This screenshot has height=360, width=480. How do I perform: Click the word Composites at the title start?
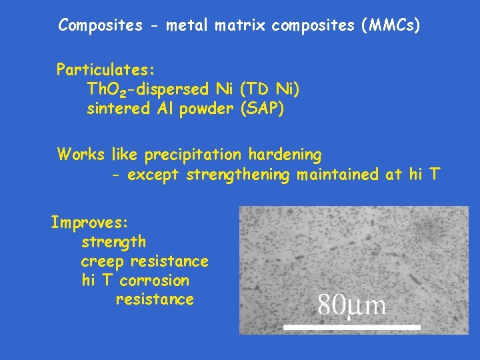[100, 25]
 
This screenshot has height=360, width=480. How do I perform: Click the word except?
[155, 175]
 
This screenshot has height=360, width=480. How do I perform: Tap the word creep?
[103, 261]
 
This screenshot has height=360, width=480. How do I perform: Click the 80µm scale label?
[351, 305]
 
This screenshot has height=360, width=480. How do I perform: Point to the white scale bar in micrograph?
[352, 327]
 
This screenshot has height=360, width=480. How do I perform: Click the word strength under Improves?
[113, 241]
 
